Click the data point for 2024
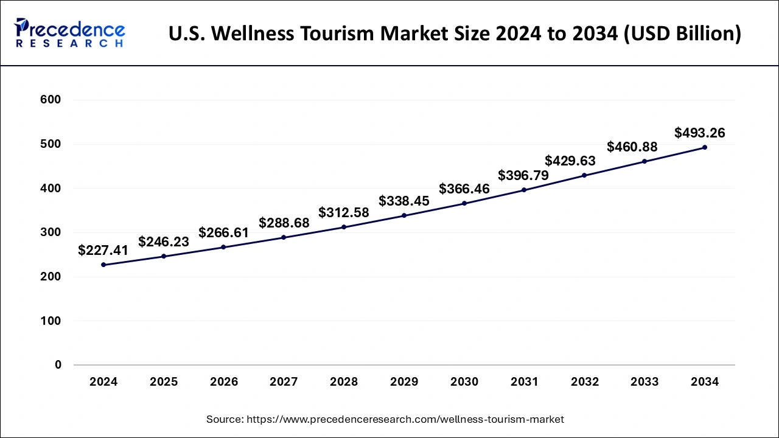pos(103,265)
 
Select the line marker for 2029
pos(404,215)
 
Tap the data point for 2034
pos(705,147)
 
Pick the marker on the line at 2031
pos(524,190)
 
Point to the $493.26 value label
pos(700,133)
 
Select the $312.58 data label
pos(344,213)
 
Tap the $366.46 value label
pos(464,189)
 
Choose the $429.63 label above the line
pos(570,161)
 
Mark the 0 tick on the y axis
pos(58,365)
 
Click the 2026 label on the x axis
pos(224,382)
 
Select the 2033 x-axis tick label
pos(645,382)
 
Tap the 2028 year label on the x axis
pos(344,382)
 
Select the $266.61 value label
pos(224,234)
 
